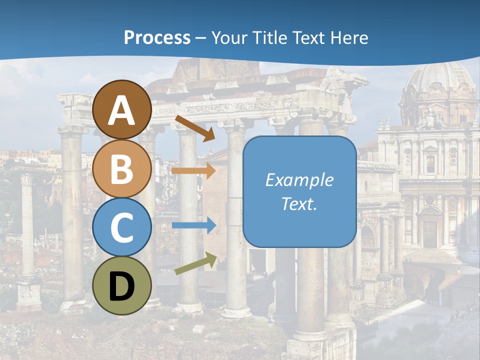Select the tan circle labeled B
[x=121, y=169]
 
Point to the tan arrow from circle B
[x=193, y=171]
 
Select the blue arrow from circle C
[x=193, y=225]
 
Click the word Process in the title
[x=157, y=38]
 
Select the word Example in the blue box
[x=299, y=180]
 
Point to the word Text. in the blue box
[x=299, y=203]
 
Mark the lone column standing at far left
[x=27, y=225]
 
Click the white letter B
[x=121, y=169]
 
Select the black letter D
[x=121, y=286]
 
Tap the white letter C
[x=121, y=227]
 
